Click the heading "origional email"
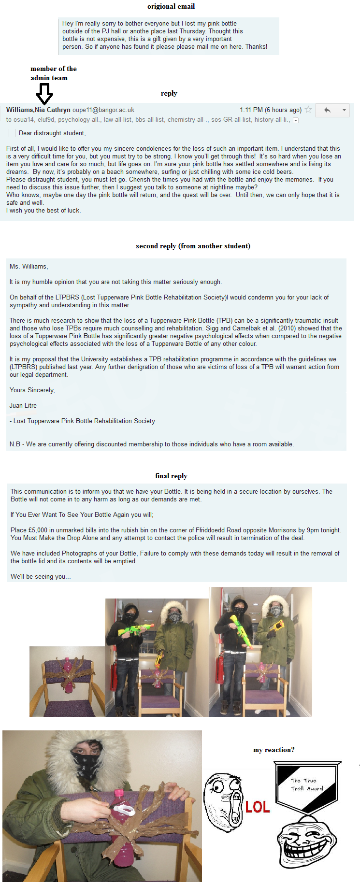click(171, 6)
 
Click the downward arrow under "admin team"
click(44, 94)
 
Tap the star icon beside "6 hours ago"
click(308, 110)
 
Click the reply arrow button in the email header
click(327, 110)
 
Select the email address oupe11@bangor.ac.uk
click(103, 110)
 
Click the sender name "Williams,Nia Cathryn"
click(38, 110)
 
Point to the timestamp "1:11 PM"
click(251, 110)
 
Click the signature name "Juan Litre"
click(23, 406)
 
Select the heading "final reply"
click(171, 476)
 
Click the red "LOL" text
click(257, 807)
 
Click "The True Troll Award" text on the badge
click(307, 784)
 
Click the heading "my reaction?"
click(274, 750)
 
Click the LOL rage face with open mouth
click(223, 802)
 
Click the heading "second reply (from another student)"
click(193, 246)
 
